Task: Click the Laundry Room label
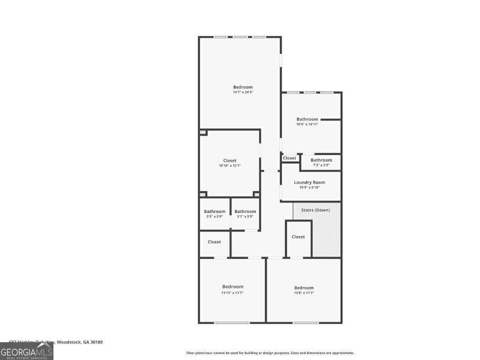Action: coord(309,182)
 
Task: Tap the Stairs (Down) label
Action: coord(315,210)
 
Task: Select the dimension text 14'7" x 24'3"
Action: coord(243,92)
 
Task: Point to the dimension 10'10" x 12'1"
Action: coord(230,166)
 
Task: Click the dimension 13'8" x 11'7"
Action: coord(304,293)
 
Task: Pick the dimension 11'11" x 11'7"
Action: coord(232,293)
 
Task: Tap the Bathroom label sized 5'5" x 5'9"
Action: coord(215,211)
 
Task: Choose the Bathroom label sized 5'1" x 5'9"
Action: coord(245,211)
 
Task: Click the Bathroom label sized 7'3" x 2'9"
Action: coord(321,160)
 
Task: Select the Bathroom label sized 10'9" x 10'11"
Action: coord(307,119)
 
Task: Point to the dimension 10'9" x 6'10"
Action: coord(309,187)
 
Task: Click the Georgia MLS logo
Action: coord(27,351)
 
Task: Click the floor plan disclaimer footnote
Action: coord(270,353)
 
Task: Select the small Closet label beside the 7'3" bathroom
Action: coord(290,158)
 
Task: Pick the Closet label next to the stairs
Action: coord(298,237)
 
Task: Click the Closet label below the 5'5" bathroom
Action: coord(214,242)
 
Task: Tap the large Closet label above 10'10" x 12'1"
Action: coord(230,160)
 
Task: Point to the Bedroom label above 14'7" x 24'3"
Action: coord(243,87)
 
